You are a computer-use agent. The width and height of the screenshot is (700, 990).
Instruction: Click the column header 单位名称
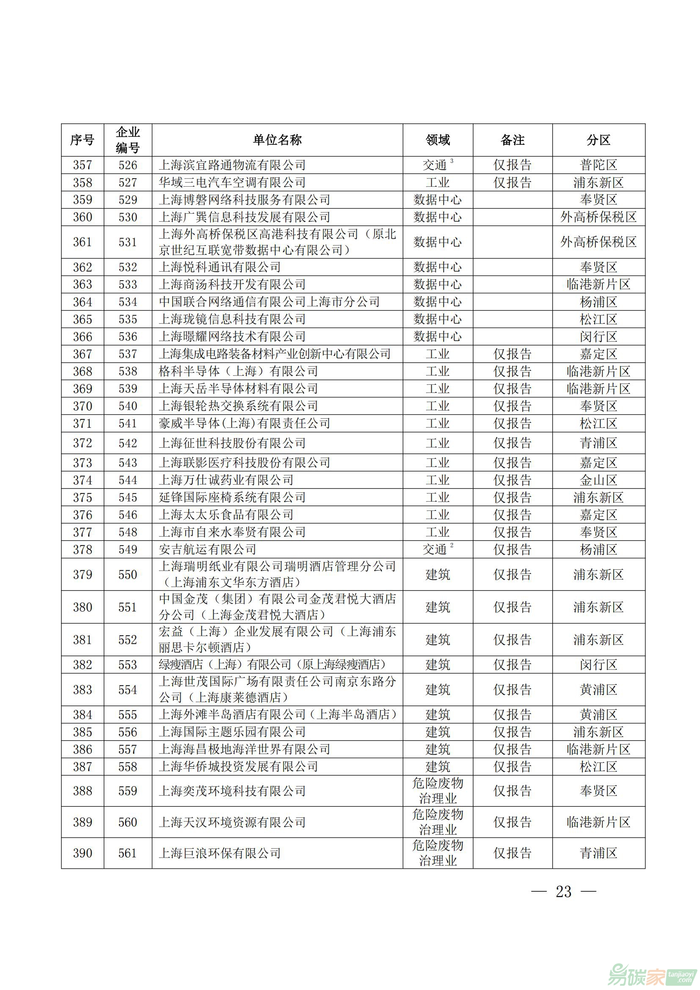277,140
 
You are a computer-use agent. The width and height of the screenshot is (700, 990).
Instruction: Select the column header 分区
598,140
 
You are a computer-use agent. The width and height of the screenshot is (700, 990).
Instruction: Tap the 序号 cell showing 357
83,165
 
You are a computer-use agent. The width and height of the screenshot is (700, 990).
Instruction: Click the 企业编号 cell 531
127,242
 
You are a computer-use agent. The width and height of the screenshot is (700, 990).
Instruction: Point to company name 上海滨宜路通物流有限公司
232,165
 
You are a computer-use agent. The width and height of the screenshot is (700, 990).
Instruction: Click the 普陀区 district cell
598,165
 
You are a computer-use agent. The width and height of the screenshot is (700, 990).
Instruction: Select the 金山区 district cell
598,480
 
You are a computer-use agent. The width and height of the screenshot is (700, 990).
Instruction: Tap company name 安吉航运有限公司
208,549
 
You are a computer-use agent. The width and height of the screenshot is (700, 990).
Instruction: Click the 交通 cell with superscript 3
437,165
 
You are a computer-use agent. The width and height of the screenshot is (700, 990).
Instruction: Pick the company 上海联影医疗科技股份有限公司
244,463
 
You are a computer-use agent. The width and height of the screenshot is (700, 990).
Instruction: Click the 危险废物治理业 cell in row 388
438,790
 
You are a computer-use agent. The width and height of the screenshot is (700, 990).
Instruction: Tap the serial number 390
83,853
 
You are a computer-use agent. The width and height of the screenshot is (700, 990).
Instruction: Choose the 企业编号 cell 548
127,532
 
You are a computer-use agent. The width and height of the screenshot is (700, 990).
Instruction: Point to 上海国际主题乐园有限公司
232,732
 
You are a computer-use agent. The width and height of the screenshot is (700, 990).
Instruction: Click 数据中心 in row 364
438,302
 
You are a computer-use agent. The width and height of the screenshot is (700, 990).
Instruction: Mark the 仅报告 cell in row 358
512,182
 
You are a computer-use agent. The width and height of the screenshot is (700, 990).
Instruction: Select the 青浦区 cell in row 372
598,443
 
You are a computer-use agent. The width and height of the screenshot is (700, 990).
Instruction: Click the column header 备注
512,140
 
